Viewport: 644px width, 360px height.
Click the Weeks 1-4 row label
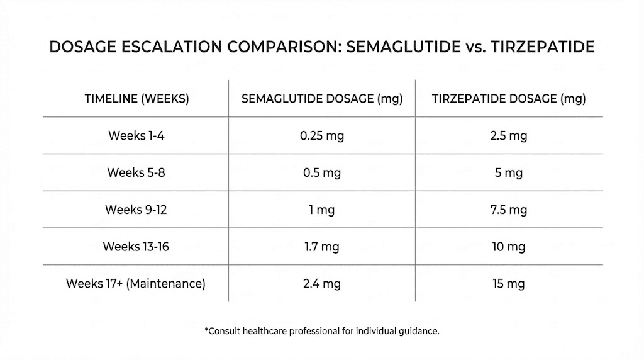[136, 135]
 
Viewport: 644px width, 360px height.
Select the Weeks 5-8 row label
[136, 172]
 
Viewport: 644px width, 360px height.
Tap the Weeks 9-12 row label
[136, 210]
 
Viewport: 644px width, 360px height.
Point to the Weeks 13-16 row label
[136, 247]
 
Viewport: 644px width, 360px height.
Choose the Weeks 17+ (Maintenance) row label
[136, 284]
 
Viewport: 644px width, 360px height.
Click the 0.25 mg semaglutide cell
[322, 135]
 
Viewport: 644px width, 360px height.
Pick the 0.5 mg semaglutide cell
[322, 172]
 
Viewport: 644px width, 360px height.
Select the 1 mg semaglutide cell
[322, 210]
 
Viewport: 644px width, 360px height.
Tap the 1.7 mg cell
[322, 247]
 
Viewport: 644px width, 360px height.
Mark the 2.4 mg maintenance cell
[322, 284]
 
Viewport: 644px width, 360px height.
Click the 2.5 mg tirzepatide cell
[508, 135]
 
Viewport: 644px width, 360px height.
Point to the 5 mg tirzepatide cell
[508, 172]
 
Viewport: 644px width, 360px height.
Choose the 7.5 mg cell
[508, 210]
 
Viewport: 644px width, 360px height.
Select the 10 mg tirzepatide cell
[508, 247]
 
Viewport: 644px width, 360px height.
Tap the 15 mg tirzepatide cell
[508, 284]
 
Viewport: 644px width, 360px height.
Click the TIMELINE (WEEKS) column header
[136, 99]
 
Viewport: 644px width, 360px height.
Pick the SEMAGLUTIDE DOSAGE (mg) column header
[322, 99]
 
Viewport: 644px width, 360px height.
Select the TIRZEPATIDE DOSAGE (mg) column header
[509, 99]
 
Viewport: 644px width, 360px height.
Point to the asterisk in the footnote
[206, 329]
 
